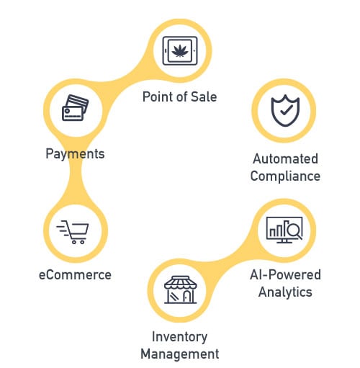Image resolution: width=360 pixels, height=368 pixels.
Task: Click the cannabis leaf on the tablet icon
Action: tap(180, 51)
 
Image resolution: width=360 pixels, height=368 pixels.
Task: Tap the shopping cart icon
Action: tap(73, 232)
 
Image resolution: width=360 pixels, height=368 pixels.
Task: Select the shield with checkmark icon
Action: tap(285, 110)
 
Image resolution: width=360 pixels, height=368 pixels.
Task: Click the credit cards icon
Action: tap(75, 108)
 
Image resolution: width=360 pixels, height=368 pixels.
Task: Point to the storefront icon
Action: tap(180, 290)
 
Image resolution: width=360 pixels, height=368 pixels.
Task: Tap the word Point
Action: tap(157, 97)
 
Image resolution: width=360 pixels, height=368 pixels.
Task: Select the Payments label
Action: tap(75, 154)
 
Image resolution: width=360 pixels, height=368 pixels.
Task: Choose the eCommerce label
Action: tap(75, 275)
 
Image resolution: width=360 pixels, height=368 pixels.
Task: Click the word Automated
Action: tap(285, 158)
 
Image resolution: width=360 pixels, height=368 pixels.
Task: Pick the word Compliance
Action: tap(285, 176)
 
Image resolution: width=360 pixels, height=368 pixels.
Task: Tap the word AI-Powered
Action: tap(285, 274)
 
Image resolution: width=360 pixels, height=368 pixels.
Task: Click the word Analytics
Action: tap(285, 292)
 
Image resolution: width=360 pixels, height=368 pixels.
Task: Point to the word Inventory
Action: tap(180, 337)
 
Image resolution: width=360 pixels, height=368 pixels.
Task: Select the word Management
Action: tap(180, 354)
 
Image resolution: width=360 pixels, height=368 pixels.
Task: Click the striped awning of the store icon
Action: tap(181, 282)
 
